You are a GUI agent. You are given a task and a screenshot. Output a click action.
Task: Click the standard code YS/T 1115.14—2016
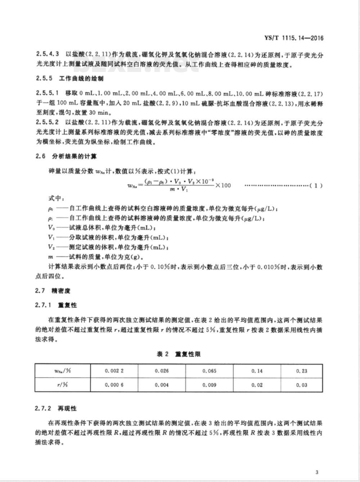[294, 38]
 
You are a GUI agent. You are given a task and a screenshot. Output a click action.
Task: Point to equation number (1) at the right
[316, 186]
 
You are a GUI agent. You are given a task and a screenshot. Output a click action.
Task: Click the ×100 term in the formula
[223, 185]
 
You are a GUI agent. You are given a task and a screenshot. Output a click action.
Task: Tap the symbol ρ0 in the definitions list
[50, 209]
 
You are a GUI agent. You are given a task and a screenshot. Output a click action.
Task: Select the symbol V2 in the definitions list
[51, 247]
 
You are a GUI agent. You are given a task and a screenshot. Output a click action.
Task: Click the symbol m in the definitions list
[50, 257]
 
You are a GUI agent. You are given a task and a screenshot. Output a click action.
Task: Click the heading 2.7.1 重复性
[56, 305]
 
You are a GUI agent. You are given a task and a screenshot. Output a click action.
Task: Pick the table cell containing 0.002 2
[114, 371]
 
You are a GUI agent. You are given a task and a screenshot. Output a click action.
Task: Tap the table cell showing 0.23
[302, 371]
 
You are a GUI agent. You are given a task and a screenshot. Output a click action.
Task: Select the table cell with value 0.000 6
[114, 385]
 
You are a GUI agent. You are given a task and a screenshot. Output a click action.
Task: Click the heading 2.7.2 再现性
[56, 409]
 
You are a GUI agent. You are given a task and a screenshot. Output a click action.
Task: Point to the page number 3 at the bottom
[316, 472]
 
